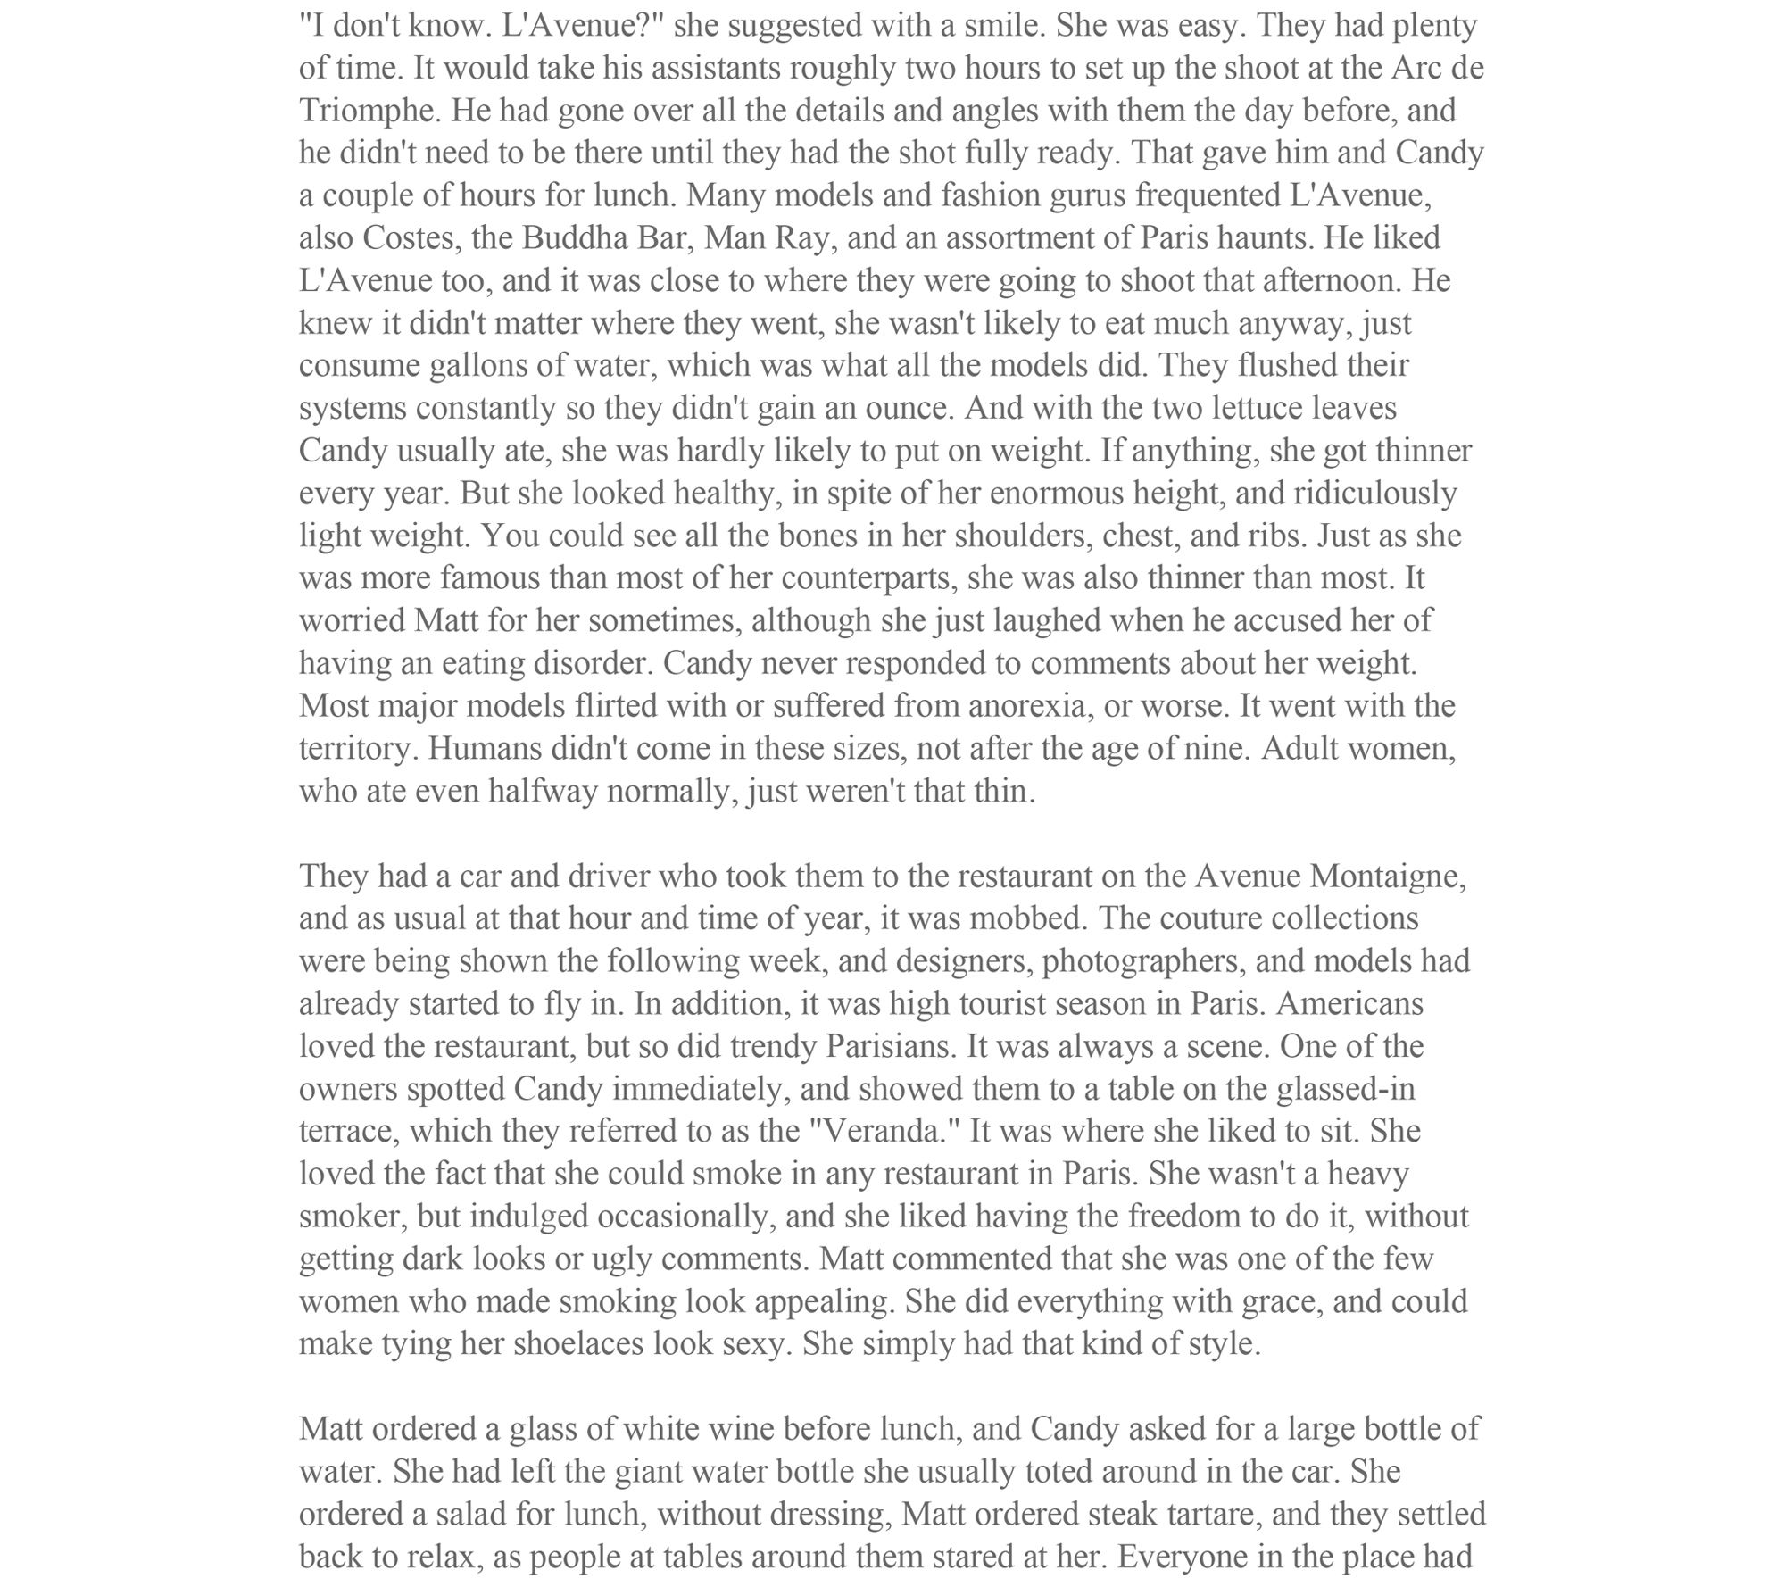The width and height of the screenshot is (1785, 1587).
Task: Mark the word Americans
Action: coord(1349,1004)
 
